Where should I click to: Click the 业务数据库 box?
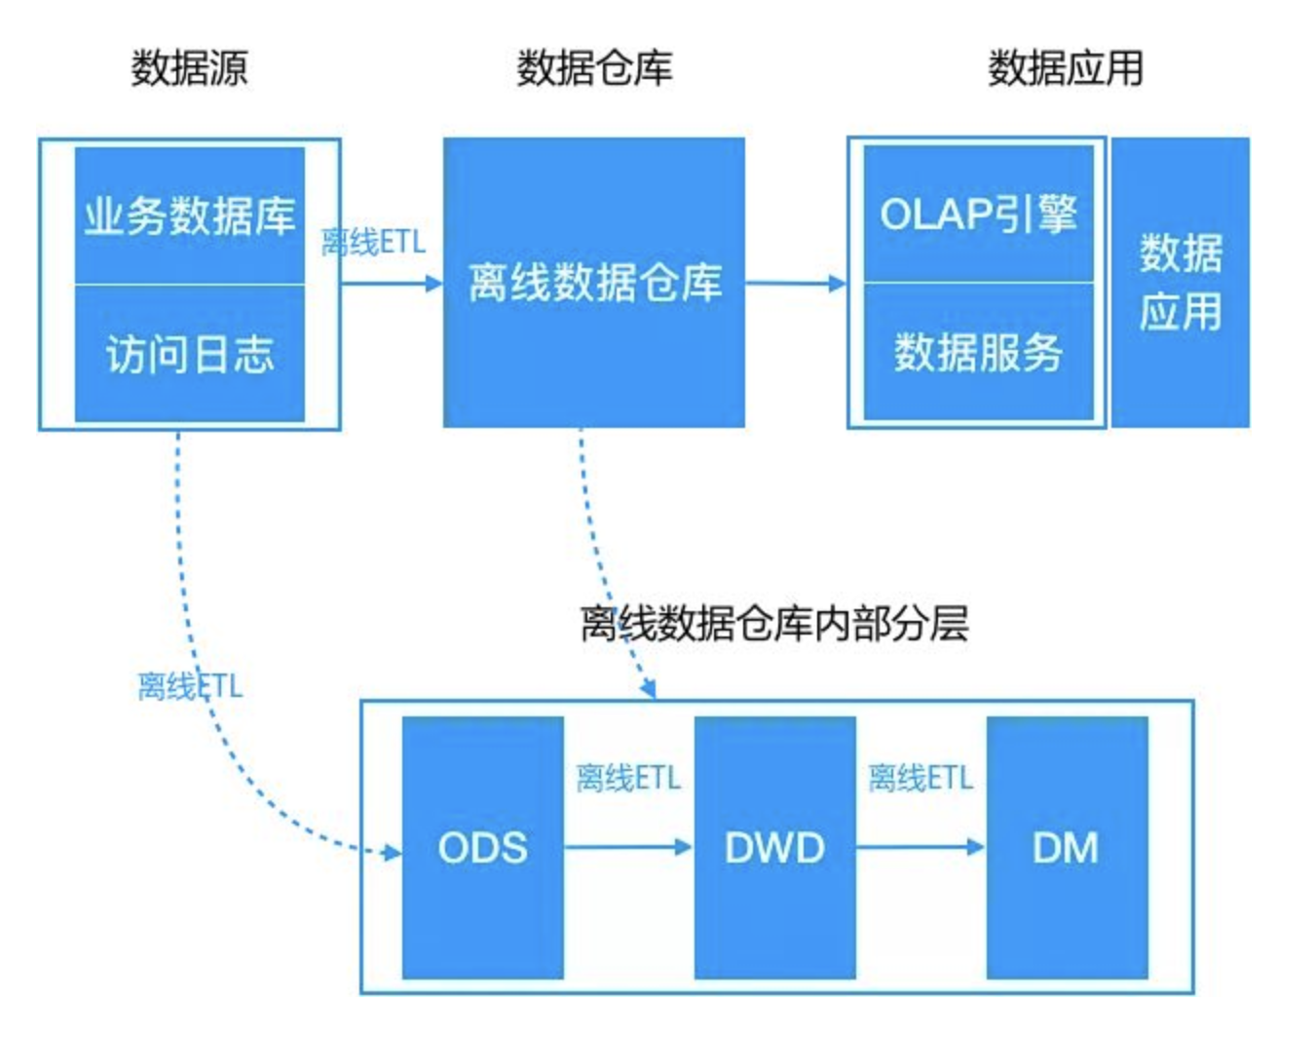[190, 215]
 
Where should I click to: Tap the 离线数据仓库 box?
[594, 283]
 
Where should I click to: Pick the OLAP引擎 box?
[978, 214]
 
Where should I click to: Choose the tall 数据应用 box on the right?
[1181, 283]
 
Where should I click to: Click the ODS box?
[482, 847]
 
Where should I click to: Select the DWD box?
[774, 847]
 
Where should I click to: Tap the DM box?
[1067, 847]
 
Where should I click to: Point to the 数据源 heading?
[190, 68]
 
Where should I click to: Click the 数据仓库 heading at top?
[594, 68]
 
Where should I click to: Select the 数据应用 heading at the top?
[1066, 68]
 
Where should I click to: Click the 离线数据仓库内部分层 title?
[774, 624]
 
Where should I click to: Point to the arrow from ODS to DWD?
[628, 847]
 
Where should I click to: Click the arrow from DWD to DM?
[920, 847]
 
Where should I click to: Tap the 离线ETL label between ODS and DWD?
[628, 779]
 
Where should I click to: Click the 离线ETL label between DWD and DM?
[920, 779]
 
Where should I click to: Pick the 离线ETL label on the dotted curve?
[190, 686]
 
